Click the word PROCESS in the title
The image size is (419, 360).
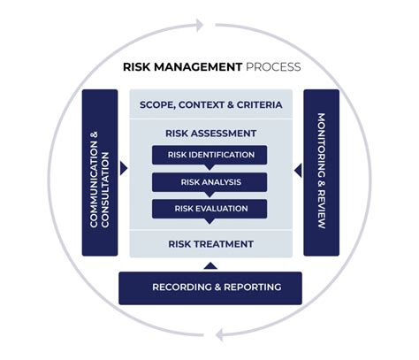[273, 66]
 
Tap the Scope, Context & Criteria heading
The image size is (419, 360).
[210, 105]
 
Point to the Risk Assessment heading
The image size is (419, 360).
[210, 134]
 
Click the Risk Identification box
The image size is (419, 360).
[210, 155]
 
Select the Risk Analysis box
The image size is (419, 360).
[210, 182]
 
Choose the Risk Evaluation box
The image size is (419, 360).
[210, 209]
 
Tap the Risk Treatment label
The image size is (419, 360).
[210, 243]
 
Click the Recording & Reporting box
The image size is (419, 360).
[210, 287]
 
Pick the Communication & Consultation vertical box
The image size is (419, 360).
[100, 172]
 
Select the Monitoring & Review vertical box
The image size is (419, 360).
[321, 172]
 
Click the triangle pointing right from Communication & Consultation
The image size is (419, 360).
[124, 168]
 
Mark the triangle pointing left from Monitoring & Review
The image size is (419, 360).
[297, 168]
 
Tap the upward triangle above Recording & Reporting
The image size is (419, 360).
[210, 264]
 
